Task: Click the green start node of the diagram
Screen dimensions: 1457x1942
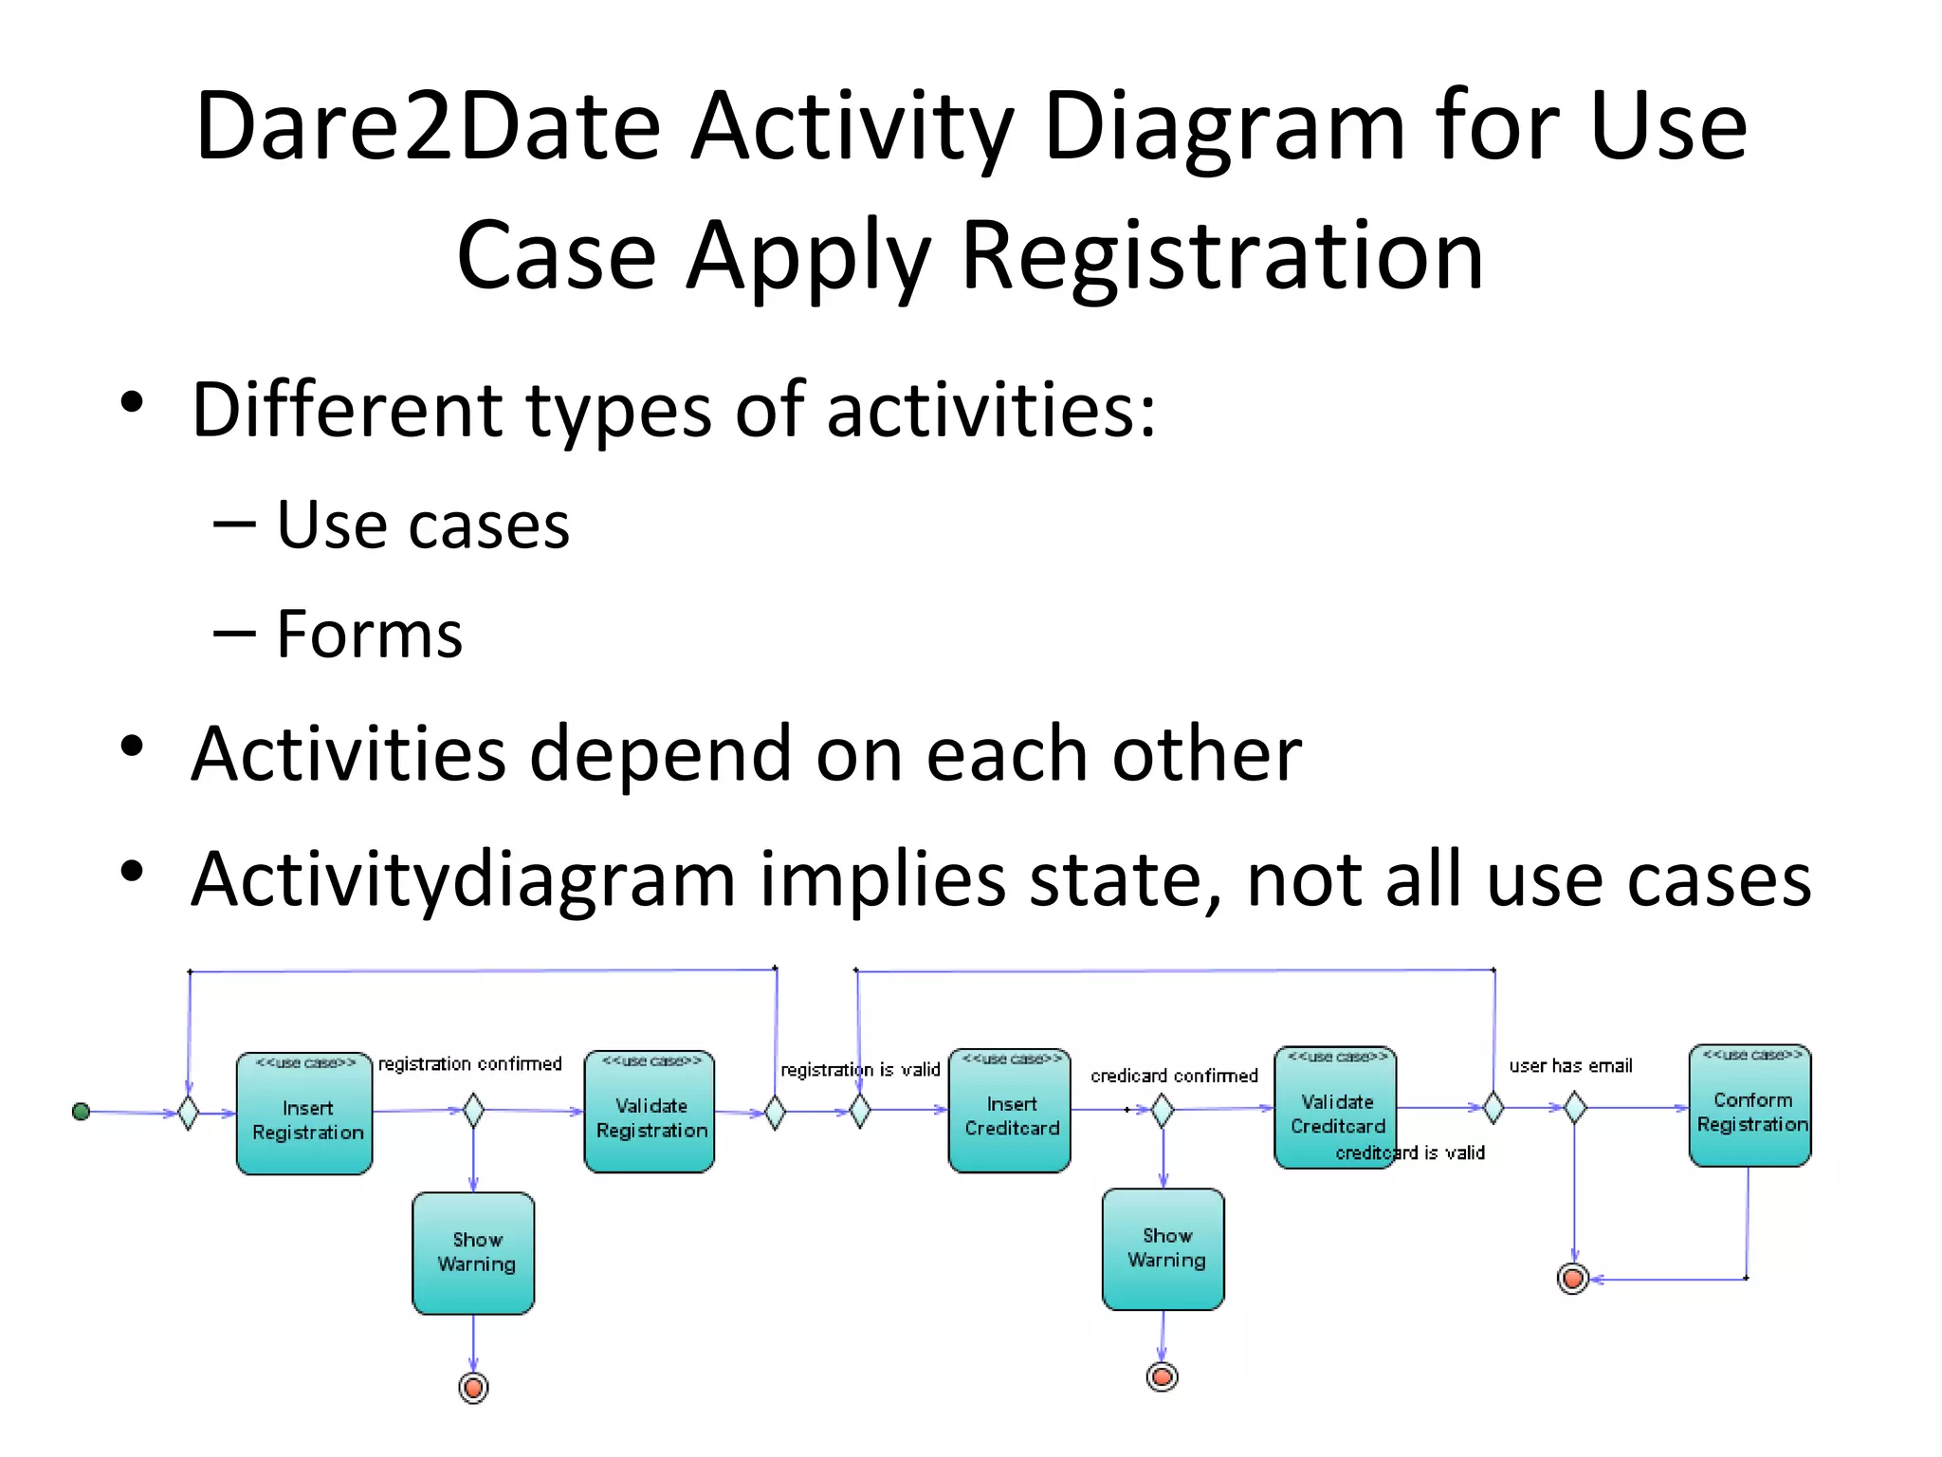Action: coord(81,1111)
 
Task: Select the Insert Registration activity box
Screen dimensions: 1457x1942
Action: coord(304,1114)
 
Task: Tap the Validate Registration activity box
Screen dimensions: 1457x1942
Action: coord(650,1112)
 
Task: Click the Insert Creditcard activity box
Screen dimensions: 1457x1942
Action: coord(1010,1111)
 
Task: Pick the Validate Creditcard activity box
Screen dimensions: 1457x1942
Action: coord(1335,1108)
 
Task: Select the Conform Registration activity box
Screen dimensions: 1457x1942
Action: coord(1750,1106)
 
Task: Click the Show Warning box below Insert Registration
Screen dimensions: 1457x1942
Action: coord(473,1253)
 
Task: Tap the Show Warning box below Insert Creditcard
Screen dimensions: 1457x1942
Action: coord(1163,1249)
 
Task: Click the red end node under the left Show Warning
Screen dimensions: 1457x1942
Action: coord(473,1388)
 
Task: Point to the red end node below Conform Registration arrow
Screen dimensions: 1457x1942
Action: coord(1573,1279)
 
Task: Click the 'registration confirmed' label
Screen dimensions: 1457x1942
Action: coord(469,1064)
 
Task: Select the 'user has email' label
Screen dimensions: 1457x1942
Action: coord(1570,1066)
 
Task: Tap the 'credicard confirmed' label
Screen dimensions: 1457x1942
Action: coord(1174,1076)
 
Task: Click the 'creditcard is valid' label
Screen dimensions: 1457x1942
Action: coord(1410,1153)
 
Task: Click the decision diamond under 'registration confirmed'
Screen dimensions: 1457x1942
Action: coord(473,1110)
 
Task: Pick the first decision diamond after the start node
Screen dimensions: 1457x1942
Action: coord(188,1113)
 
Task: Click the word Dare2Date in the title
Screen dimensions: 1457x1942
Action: coord(428,126)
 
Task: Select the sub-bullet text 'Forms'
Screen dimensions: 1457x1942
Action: coord(369,634)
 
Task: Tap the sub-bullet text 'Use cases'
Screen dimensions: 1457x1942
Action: coord(423,525)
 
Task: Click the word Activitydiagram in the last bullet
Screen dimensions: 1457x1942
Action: coord(463,879)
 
